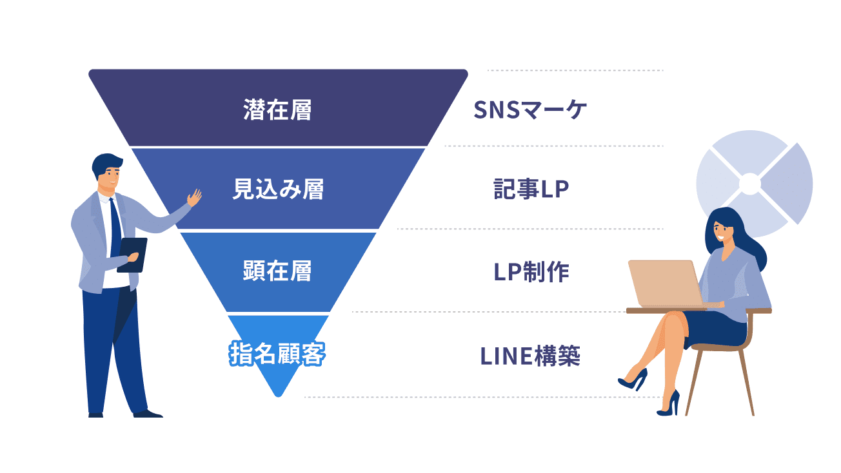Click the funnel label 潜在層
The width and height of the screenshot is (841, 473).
(x=277, y=110)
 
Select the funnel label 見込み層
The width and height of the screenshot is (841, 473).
(x=277, y=189)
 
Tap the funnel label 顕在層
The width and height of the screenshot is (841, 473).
(x=277, y=271)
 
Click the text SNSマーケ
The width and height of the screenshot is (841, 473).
(x=530, y=110)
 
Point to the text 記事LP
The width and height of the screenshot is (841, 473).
(x=531, y=190)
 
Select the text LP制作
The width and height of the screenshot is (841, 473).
(x=531, y=273)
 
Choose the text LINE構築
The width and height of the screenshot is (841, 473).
(x=530, y=356)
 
